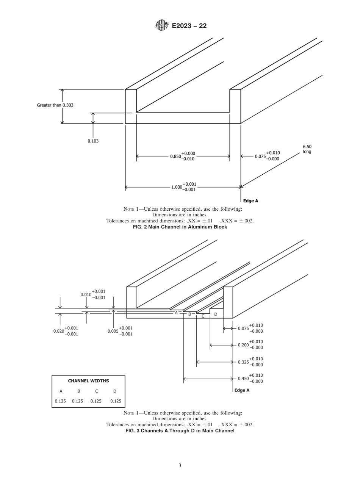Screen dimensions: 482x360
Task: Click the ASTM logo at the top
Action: [x=161, y=26]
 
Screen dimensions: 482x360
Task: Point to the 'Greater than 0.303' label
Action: [x=55, y=105]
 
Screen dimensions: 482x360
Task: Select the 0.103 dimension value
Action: [x=94, y=141]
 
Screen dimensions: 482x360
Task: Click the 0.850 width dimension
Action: [x=182, y=156]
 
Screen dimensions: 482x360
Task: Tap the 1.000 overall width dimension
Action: [x=183, y=187]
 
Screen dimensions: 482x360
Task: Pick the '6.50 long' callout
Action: [x=307, y=149]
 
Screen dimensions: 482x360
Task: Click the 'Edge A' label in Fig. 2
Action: [x=250, y=201]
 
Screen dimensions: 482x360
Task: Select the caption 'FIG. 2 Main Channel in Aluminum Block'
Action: [x=180, y=227]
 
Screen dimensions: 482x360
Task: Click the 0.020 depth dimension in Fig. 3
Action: [x=66, y=331]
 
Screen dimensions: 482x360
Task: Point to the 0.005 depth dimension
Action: [x=120, y=331]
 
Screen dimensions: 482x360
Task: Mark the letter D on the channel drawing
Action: [x=216, y=314]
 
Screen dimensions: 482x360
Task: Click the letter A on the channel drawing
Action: [x=176, y=313]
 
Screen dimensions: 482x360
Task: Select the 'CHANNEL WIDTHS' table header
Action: [x=88, y=381]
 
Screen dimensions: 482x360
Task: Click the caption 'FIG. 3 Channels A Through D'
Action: [x=180, y=430]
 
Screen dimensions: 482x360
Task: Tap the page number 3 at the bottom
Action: [x=180, y=465]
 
